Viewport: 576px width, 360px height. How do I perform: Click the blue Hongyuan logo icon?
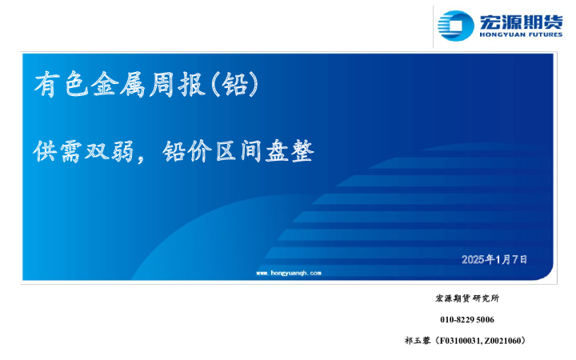[458, 26]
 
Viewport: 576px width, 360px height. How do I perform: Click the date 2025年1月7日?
[494, 259]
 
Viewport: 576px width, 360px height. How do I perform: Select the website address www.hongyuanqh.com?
[289, 273]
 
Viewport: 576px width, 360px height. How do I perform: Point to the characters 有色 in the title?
[62, 84]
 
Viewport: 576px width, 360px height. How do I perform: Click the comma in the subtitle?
[146, 155]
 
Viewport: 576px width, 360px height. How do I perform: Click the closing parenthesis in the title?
[255, 84]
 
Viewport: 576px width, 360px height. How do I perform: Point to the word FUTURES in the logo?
[541, 35]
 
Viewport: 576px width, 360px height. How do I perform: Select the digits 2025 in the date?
[473, 259]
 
